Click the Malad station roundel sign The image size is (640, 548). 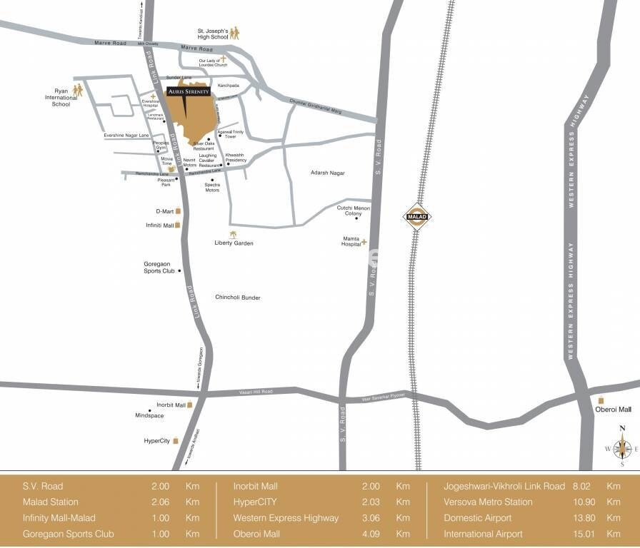pos(414,216)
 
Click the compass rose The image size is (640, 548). pos(621,447)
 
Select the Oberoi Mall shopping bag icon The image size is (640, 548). pos(601,400)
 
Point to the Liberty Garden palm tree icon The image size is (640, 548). pos(233,234)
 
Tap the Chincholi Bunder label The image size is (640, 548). pos(238,297)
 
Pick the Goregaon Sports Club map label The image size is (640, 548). pos(159,268)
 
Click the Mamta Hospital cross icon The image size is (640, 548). pos(364,242)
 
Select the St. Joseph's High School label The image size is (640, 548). pos(212,35)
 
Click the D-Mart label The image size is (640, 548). pos(164,211)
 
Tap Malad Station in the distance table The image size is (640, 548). pos(51,502)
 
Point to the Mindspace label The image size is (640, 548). pos(149,415)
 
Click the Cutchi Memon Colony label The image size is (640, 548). pos(354,210)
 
